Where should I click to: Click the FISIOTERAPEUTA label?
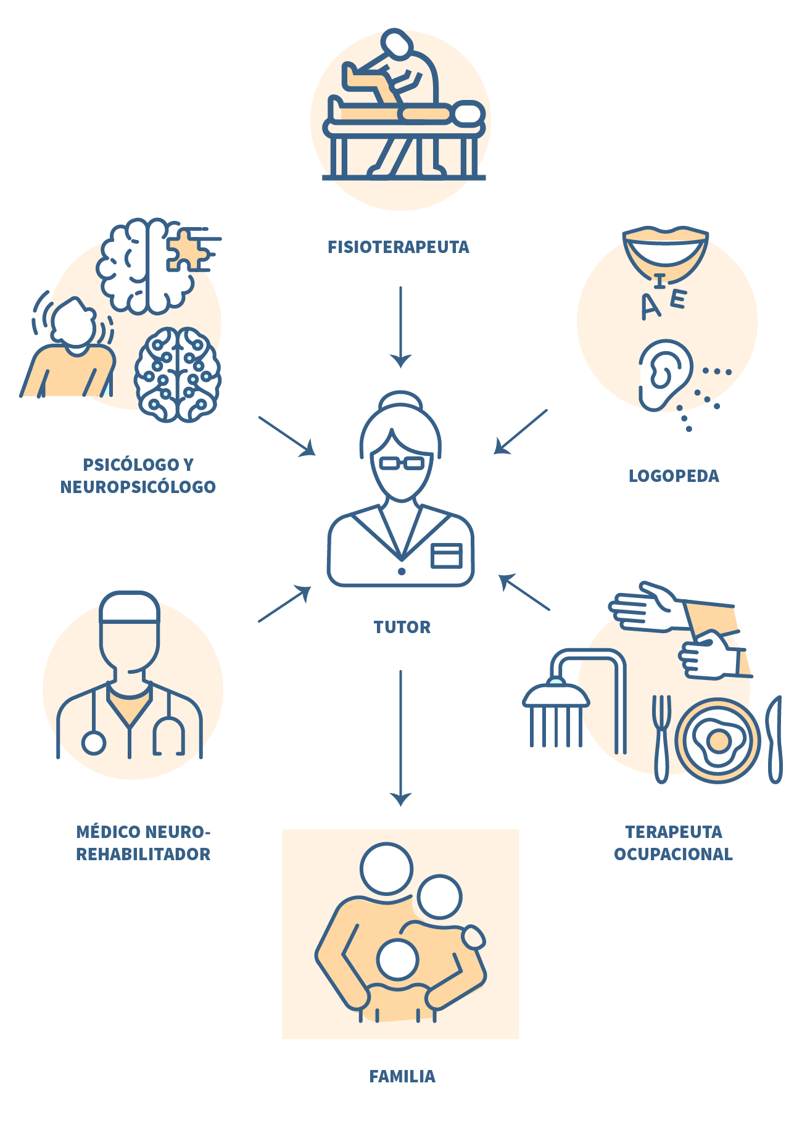coord(398,247)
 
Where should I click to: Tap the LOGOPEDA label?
coord(673,476)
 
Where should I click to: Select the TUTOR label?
coord(402,627)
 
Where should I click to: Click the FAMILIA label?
coord(402,1077)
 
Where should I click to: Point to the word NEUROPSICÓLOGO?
coord(138,487)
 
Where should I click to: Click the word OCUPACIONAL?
coord(673,854)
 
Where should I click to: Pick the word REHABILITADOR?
coord(143,854)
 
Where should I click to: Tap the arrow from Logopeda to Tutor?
coord(520,432)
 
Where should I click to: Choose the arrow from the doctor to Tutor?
coord(284,604)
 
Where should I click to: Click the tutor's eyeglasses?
coord(401,463)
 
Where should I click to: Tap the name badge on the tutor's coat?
coord(447,555)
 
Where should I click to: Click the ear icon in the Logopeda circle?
coord(664,373)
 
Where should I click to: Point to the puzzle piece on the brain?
coord(188,250)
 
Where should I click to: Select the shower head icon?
coord(556,697)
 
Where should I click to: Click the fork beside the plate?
coord(661,737)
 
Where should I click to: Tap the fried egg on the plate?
coord(717,741)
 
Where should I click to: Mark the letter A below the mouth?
coord(650,307)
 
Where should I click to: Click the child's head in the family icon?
coord(398,960)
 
